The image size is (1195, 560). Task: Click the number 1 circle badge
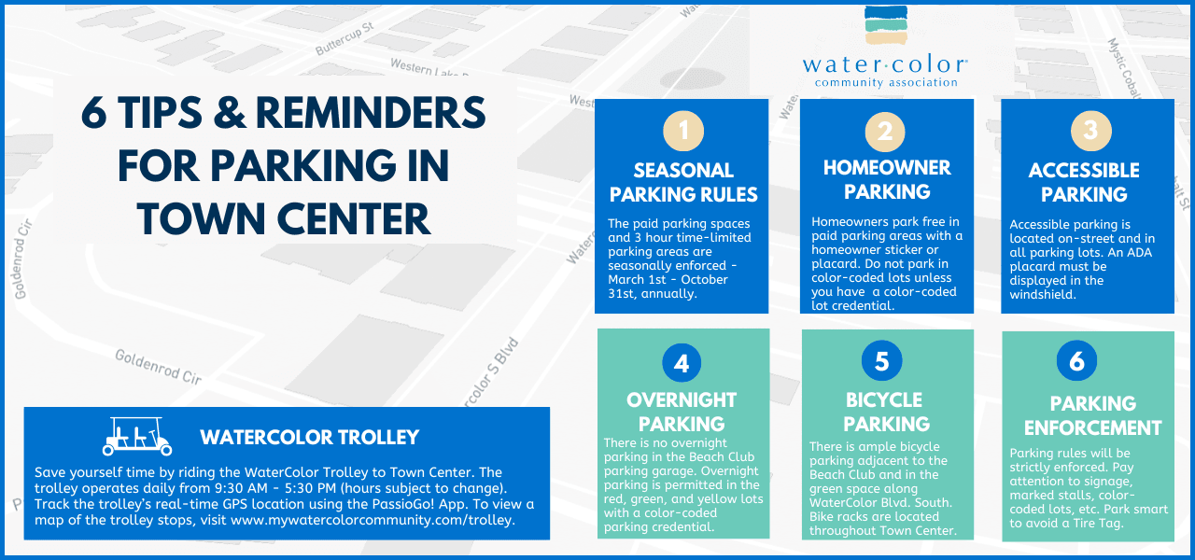pos(683,132)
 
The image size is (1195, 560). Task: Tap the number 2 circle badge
pos(886,132)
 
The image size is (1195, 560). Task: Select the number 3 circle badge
pos(1090,132)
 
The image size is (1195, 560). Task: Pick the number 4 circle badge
pos(682,362)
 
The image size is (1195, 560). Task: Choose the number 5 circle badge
pos(882,361)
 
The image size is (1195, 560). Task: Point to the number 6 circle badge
pos(1077,362)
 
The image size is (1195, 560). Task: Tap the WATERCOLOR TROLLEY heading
pos(310,438)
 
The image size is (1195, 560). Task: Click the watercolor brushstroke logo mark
pos(886,25)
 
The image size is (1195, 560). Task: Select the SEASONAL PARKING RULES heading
pos(683,183)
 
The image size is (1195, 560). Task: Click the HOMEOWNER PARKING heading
pos(887,179)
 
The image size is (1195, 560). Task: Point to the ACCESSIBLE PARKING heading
pos(1084,182)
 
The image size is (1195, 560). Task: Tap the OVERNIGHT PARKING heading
pos(682,412)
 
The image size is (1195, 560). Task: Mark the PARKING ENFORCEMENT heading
pos(1092,415)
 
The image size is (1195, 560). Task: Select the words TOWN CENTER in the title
pos(284,217)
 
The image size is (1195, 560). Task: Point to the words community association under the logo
pos(886,83)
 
